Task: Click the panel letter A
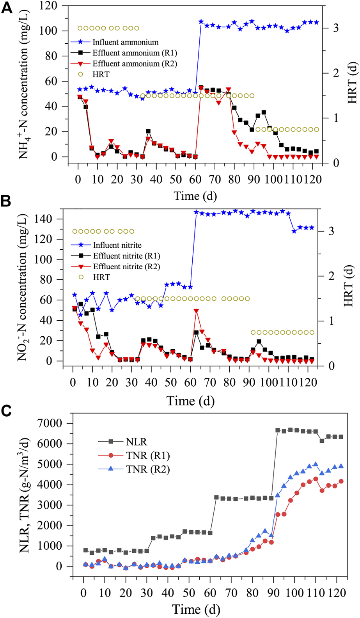click(x=7, y=7)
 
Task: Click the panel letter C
click(x=7, y=411)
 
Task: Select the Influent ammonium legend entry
click(x=125, y=42)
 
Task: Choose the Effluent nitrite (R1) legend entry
click(x=126, y=256)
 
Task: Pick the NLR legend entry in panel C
click(x=137, y=442)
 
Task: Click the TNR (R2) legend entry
click(x=148, y=469)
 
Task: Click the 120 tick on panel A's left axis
click(x=49, y=5)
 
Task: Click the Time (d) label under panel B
click(x=190, y=401)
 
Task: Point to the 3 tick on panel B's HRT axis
click(x=331, y=231)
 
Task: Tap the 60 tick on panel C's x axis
click(x=210, y=593)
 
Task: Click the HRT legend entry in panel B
click(x=101, y=277)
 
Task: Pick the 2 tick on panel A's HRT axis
click(x=335, y=73)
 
